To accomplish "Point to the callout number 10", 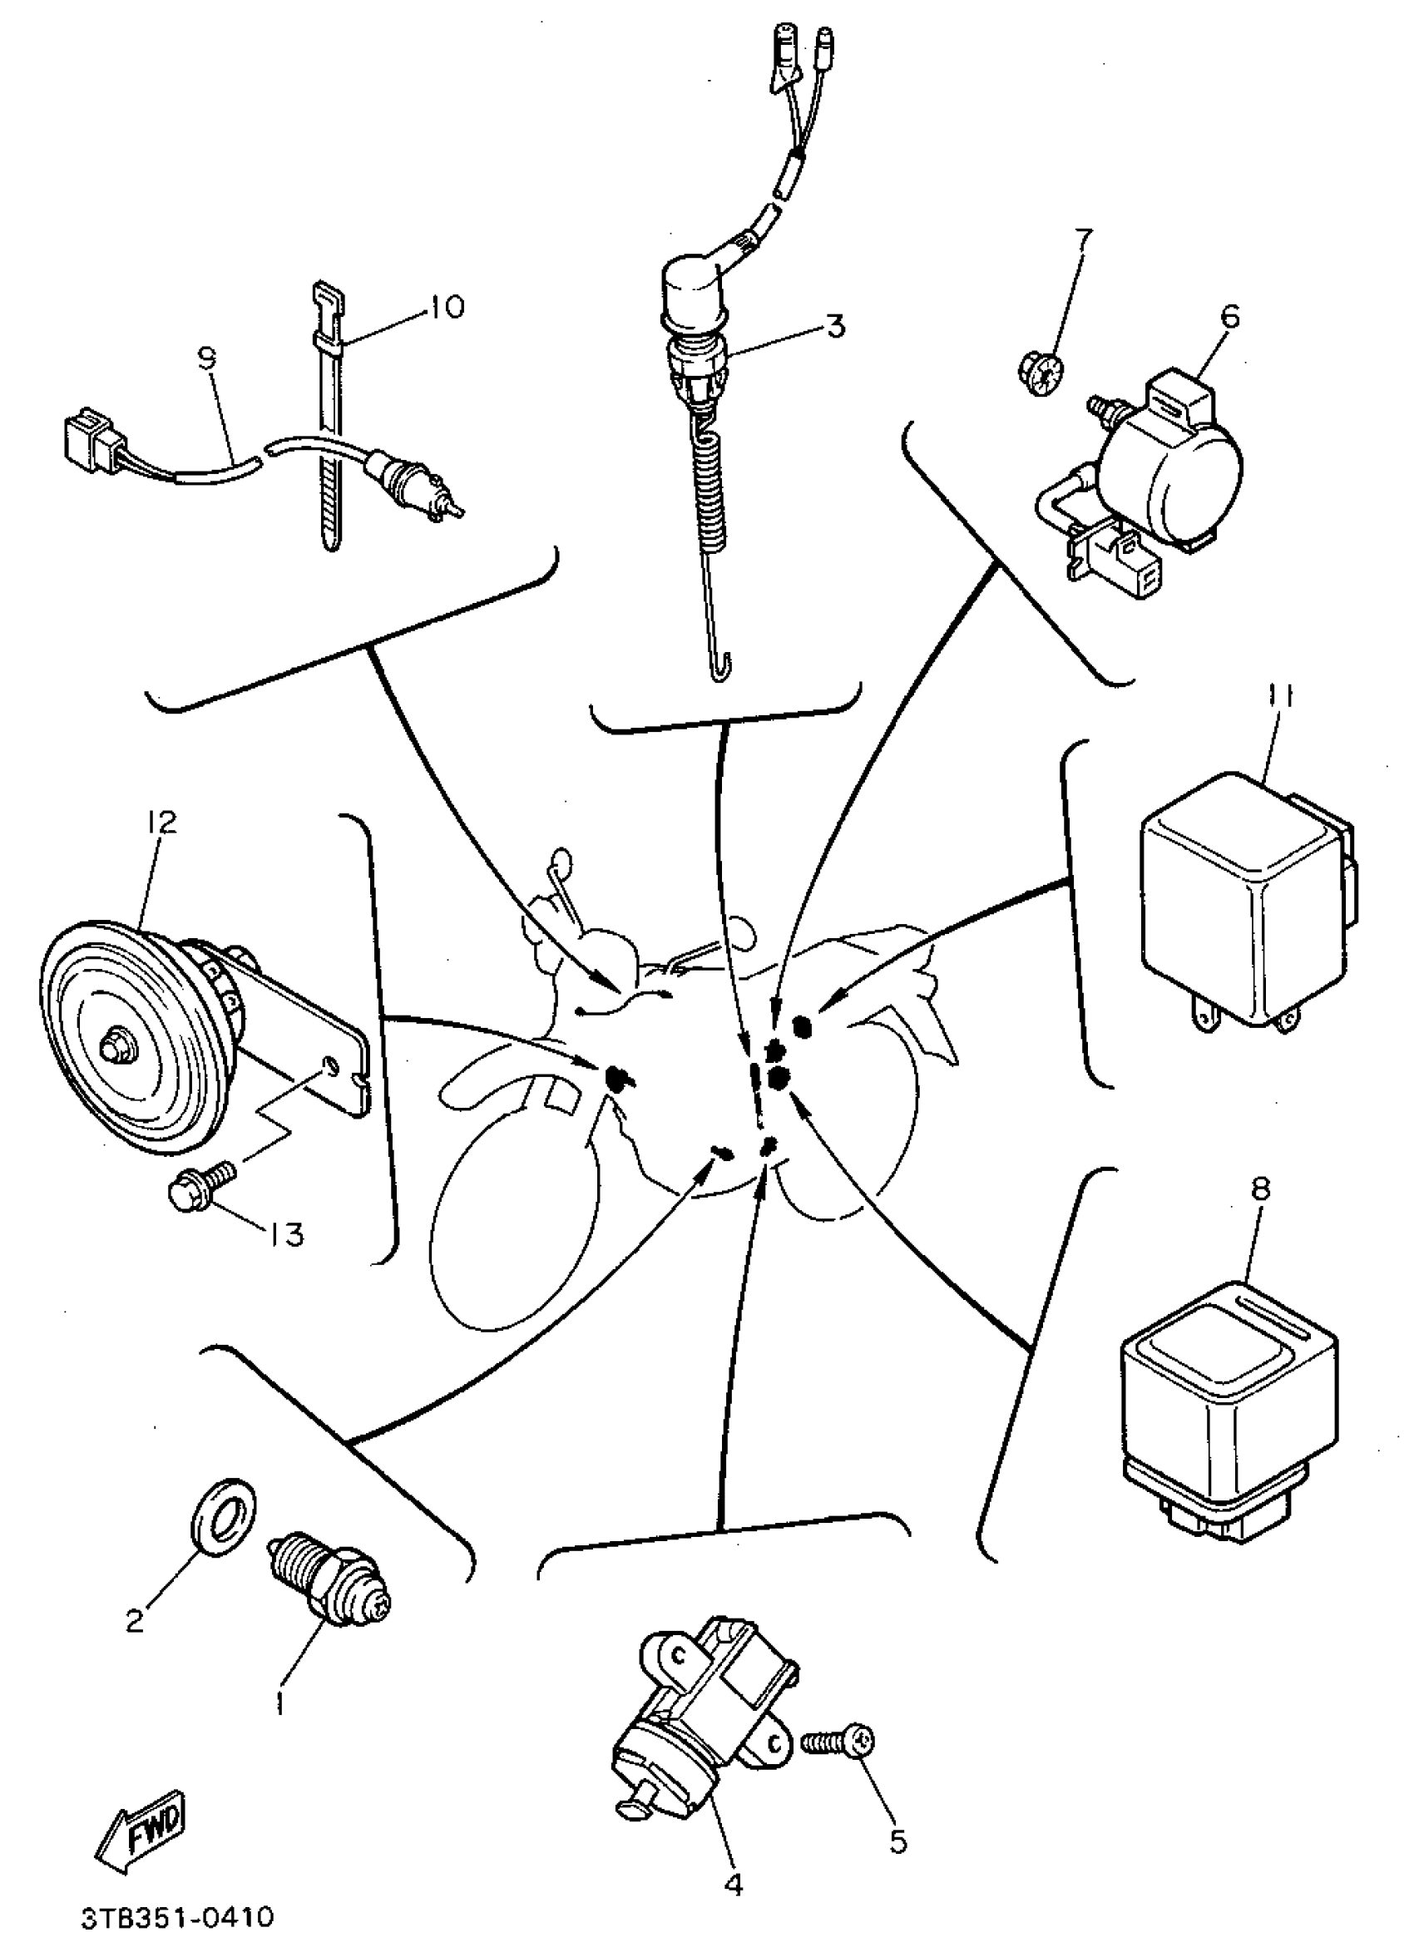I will tap(447, 306).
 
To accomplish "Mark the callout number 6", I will tap(1231, 318).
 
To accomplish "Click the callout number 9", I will tap(207, 358).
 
